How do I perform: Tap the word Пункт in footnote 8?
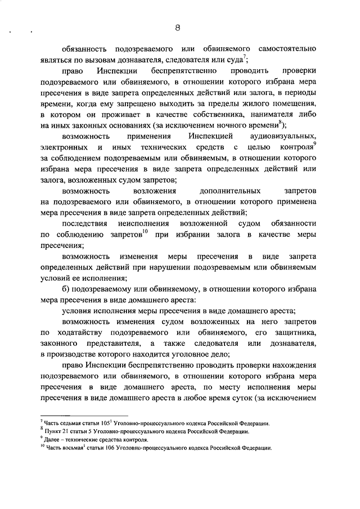(53, 431)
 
